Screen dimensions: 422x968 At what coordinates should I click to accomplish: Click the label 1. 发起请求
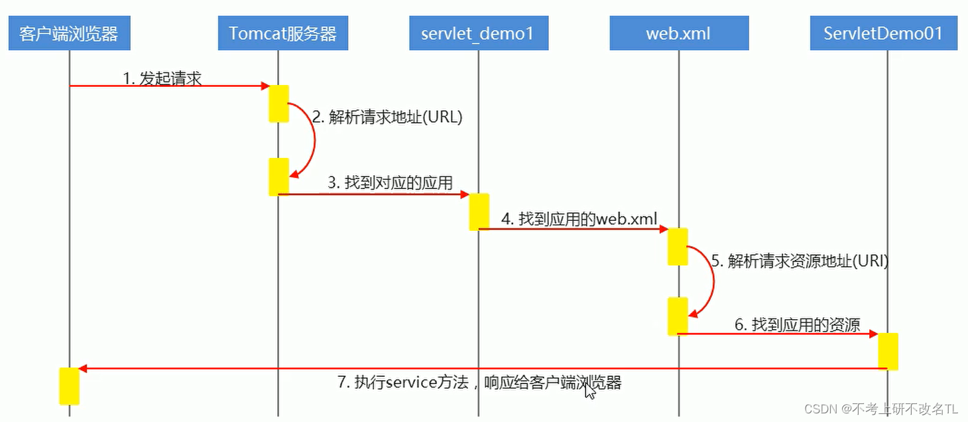[162, 78]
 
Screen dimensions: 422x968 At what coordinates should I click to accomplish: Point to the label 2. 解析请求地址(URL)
[387, 117]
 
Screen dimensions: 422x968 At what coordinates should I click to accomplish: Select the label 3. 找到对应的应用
[391, 182]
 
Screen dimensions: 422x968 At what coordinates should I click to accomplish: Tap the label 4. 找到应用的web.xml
[579, 218]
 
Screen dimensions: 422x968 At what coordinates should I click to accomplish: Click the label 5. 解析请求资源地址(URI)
[800, 261]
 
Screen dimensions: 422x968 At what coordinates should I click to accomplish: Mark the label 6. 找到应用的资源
[797, 324]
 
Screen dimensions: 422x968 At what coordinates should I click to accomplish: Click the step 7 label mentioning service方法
[479, 382]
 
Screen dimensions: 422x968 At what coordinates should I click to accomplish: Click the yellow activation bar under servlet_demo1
[479, 212]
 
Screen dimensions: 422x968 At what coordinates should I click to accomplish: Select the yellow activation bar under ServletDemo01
[888, 351]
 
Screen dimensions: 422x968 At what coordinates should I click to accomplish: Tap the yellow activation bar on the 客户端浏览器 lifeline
[69, 386]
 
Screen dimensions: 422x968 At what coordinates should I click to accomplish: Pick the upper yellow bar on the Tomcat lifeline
[278, 103]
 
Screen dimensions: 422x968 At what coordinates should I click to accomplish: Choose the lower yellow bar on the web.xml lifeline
[678, 316]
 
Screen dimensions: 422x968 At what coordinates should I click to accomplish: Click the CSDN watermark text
[881, 409]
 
